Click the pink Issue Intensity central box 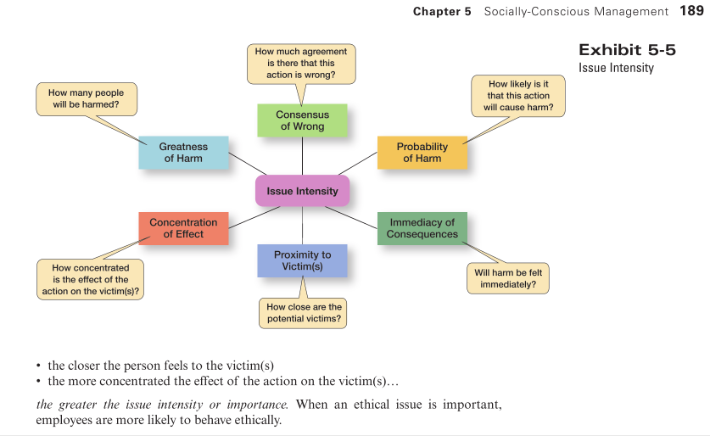tap(302, 191)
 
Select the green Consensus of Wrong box tap(302, 120)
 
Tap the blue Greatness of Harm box tap(183, 153)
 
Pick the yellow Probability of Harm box tap(422, 153)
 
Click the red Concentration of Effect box tap(183, 228)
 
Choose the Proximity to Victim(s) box tap(302, 260)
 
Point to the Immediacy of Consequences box tap(422, 228)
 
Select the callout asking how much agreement tap(301, 64)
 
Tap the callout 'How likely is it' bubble tap(518, 96)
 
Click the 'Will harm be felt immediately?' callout tap(508, 278)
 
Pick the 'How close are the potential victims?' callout tap(304, 313)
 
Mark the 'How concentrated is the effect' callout tap(91, 279)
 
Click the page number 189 tap(691, 11)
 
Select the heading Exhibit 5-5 tap(627, 50)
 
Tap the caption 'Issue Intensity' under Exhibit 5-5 tap(616, 68)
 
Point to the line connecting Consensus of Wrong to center tap(302, 156)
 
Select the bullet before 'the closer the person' tap(40, 366)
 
